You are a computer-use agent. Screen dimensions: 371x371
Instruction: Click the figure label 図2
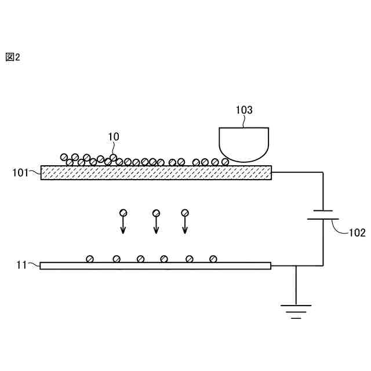(x=12, y=57)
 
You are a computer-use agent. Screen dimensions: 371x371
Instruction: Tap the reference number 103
(x=244, y=109)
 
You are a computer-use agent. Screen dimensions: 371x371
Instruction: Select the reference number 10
(x=114, y=136)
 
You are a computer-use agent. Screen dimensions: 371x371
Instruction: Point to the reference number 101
(x=21, y=172)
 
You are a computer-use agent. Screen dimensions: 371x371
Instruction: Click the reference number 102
(x=357, y=233)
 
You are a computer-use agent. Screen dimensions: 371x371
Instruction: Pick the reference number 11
(x=22, y=265)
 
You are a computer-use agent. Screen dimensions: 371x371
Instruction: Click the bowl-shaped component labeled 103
(x=244, y=143)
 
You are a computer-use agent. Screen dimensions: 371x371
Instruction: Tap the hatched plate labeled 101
(x=156, y=172)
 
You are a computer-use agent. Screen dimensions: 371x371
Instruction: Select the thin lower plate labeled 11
(x=155, y=265)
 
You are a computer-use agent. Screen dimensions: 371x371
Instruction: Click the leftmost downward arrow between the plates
(x=123, y=225)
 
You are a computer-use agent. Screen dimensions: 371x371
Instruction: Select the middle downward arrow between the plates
(x=156, y=225)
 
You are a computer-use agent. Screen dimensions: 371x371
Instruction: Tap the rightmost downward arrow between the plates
(x=185, y=225)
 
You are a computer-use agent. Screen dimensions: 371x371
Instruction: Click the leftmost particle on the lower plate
(x=90, y=259)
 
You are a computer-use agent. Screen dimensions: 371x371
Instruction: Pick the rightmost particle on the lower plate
(x=213, y=259)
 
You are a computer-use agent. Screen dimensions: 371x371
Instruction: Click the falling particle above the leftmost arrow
(x=123, y=213)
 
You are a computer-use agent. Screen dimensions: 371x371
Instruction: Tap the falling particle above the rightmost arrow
(x=185, y=213)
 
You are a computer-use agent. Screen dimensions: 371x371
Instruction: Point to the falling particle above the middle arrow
(x=156, y=213)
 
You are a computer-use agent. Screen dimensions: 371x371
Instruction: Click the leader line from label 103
(x=245, y=121)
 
